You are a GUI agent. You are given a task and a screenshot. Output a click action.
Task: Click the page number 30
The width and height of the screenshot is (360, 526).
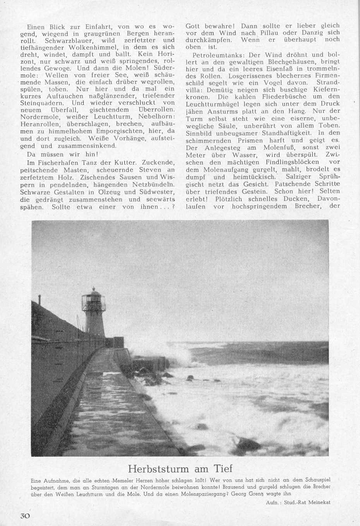click(26, 516)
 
